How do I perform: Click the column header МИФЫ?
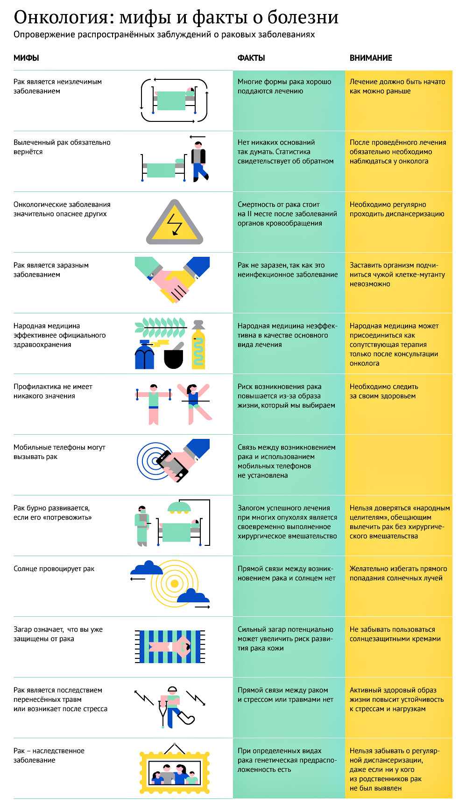tap(26, 58)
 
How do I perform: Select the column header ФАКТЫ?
tap(251, 58)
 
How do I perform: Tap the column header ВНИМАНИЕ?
tap(371, 58)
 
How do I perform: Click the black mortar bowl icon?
tap(174, 356)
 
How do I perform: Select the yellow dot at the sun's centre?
tap(175, 584)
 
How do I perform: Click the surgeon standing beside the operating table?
tap(142, 525)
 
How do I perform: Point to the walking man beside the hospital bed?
tap(199, 161)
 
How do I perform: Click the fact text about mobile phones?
tap(286, 461)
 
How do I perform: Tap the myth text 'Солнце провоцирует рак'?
tap(54, 569)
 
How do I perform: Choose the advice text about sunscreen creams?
tap(395, 634)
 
